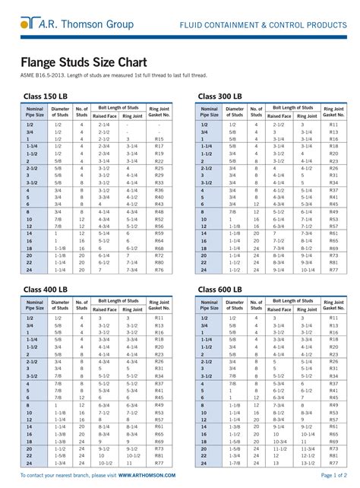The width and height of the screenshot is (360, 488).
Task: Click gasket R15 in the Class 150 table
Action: [x=159, y=141]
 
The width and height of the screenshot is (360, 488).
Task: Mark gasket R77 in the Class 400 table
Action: [x=159, y=461]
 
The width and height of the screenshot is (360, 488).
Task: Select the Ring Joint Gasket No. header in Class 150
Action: [x=159, y=113]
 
